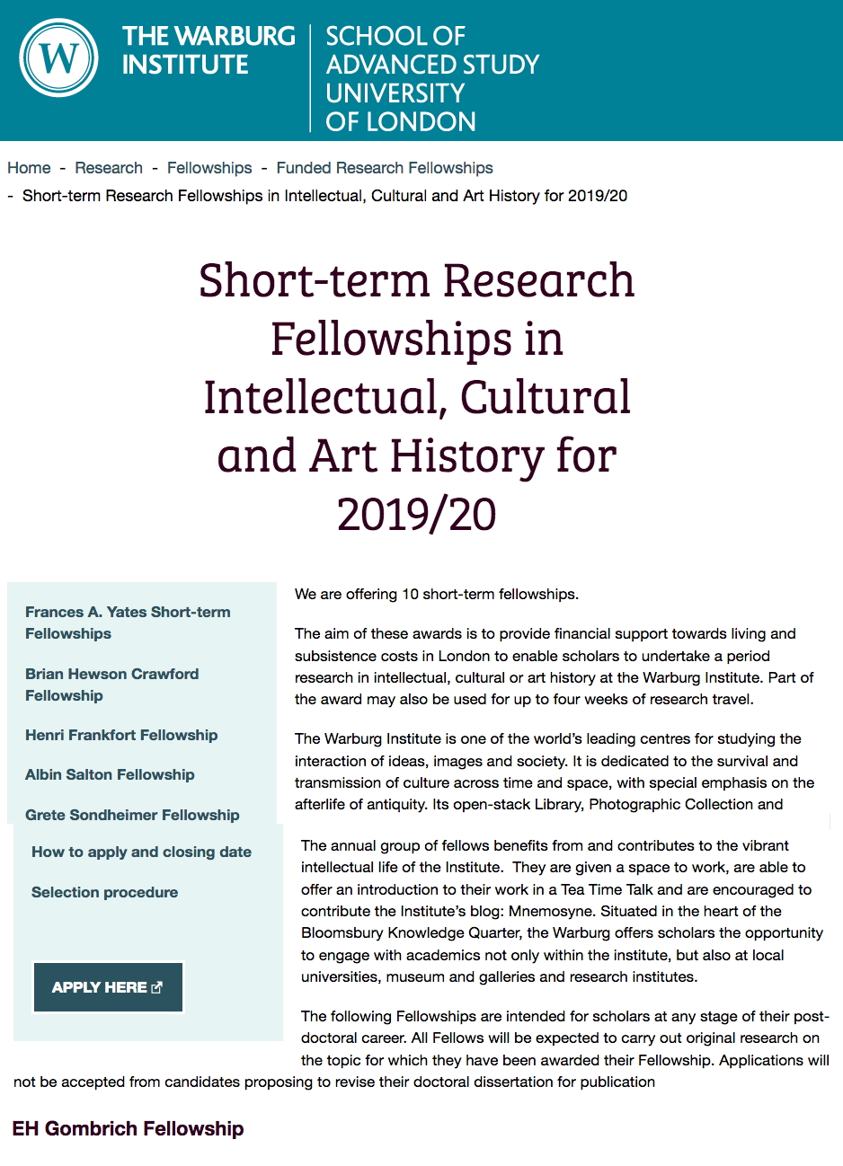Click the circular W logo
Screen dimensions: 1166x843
point(58,58)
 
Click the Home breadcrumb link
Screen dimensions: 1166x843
point(29,168)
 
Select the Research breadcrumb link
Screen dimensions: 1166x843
point(109,168)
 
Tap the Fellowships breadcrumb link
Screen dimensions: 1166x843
point(209,168)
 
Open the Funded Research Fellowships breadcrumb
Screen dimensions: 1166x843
point(385,168)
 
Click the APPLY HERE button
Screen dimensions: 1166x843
point(108,987)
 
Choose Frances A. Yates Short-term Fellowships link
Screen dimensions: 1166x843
point(128,623)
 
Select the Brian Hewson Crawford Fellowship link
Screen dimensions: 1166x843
point(112,685)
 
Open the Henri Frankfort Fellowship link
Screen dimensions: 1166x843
point(121,735)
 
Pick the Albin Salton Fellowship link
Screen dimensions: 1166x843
point(110,774)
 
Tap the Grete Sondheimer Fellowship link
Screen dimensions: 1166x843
point(132,815)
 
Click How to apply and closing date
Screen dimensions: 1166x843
point(141,852)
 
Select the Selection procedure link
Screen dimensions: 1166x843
point(104,892)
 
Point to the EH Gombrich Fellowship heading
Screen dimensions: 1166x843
point(128,1129)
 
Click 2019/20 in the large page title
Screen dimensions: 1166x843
point(416,515)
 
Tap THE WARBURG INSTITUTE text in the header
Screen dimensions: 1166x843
point(209,50)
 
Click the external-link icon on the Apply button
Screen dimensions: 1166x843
point(157,987)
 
